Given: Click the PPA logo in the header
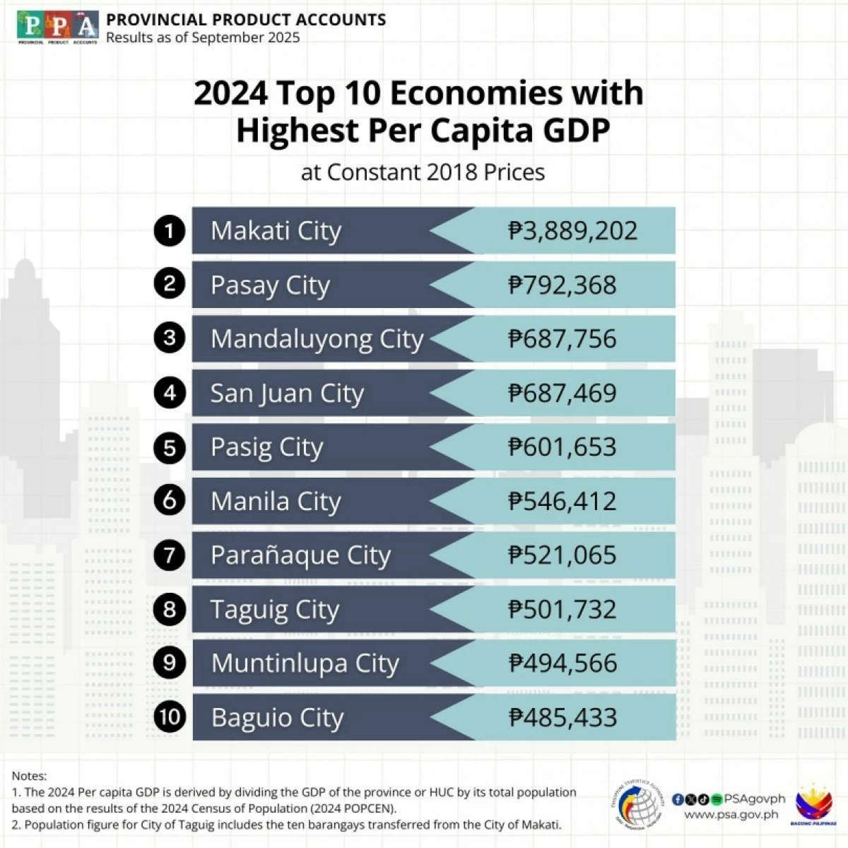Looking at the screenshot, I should point(58,27).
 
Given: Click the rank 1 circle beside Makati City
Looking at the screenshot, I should point(170,230).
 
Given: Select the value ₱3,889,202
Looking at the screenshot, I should point(572,230).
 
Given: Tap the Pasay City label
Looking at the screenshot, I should point(270,285).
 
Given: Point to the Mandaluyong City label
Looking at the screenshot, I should point(317,339).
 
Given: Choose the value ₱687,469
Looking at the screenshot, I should point(563,393).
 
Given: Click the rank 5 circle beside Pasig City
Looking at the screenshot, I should point(170,447).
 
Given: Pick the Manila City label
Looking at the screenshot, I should point(276,501).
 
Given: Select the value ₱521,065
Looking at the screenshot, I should point(563,555).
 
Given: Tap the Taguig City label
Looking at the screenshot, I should point(275,609).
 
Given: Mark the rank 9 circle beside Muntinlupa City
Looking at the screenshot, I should point(170,663).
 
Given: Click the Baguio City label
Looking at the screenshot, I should point(277,717).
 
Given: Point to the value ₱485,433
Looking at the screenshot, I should point(563,717).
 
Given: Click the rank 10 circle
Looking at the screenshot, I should point(170,717).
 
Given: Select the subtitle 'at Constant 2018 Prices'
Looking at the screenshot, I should point(423,172).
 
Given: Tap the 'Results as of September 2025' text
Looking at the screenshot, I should point(203,38).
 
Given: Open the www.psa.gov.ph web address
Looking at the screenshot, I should point(731,815).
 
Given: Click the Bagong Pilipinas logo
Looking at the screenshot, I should point(815,806).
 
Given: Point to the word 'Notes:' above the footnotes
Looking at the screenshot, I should point(29,776).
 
